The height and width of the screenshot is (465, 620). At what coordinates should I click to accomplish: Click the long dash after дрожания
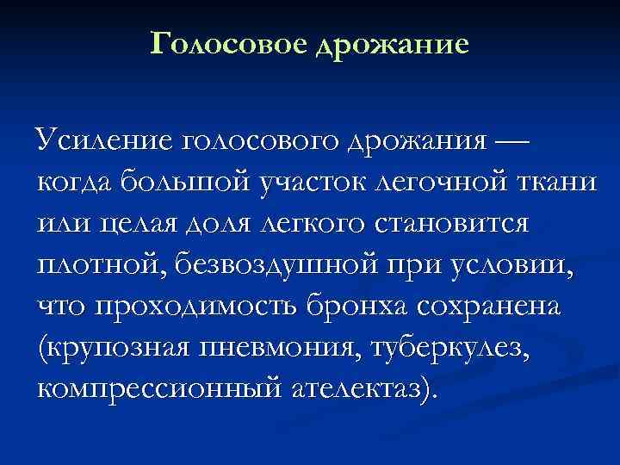pyautogui.click(x=511, y=139)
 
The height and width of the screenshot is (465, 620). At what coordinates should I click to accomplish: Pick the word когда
pyautogui.click(x=77, y=183)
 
